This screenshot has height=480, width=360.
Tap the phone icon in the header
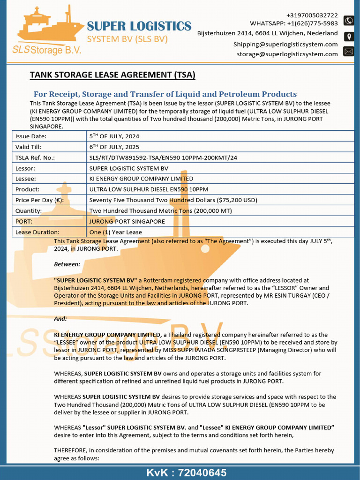tap(348, 20)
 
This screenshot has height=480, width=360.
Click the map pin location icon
tap(348, 36)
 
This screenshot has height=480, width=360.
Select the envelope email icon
tap(348, 52)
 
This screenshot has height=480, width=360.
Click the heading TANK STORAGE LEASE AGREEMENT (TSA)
tap(112, 75)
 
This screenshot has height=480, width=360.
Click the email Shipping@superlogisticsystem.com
tap(285, 44)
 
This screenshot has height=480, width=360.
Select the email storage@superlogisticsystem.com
tap(287, 54)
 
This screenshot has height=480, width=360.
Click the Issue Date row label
tap(31, 136)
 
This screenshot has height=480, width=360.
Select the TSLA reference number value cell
tap(163, 157)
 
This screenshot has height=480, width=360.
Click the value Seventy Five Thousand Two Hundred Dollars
tap(173, 200)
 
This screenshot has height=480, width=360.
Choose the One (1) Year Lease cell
tap(115, 232)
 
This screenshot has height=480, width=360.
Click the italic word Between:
tap(67, 264)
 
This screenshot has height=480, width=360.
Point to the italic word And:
tap(60, 319)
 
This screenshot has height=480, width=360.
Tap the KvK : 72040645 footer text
tap(186, 472)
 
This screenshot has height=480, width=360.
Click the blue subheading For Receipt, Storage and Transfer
tap(165, 94)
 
